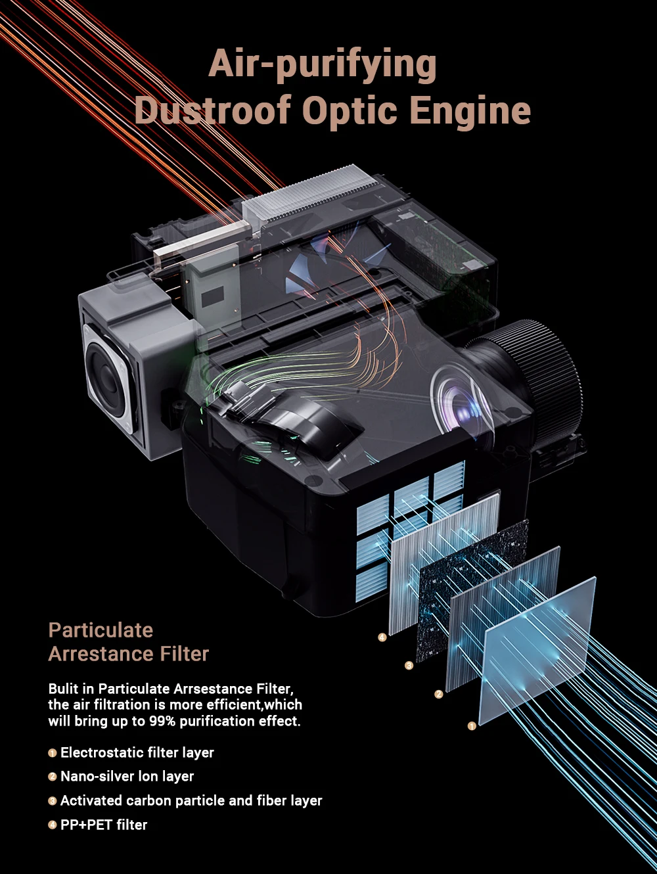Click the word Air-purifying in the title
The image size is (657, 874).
tap(322, 65)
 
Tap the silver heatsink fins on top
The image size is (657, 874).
tap(309, 191)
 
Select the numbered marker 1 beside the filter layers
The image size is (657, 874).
tap(471, 725)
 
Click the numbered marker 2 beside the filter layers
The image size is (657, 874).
tap(439, 694)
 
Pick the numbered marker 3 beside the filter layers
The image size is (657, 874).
tap(409, 666)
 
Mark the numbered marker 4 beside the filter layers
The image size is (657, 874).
tap(382, 637)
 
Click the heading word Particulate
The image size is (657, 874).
tap(101, 630)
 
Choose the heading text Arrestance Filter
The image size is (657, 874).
tap(129, 654)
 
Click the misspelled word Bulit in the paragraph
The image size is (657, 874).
tap(62, 689)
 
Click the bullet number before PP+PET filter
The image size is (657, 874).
tap(53, 825)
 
